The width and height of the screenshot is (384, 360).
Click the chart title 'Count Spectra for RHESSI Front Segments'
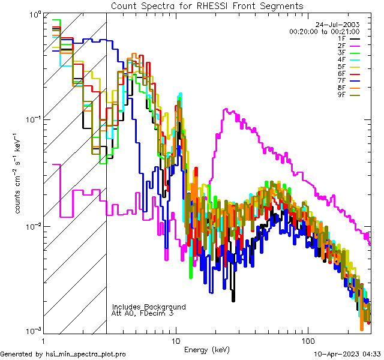pyautogui.click(x=207, y=6)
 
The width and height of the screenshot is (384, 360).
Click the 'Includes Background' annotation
pyautogui.click(x=149, y=307)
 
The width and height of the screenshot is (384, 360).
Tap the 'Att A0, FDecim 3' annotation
pyautogui.click(x=143, y=313)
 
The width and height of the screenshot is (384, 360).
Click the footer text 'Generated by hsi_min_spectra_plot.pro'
pyautogui.click(x=63, y=355)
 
